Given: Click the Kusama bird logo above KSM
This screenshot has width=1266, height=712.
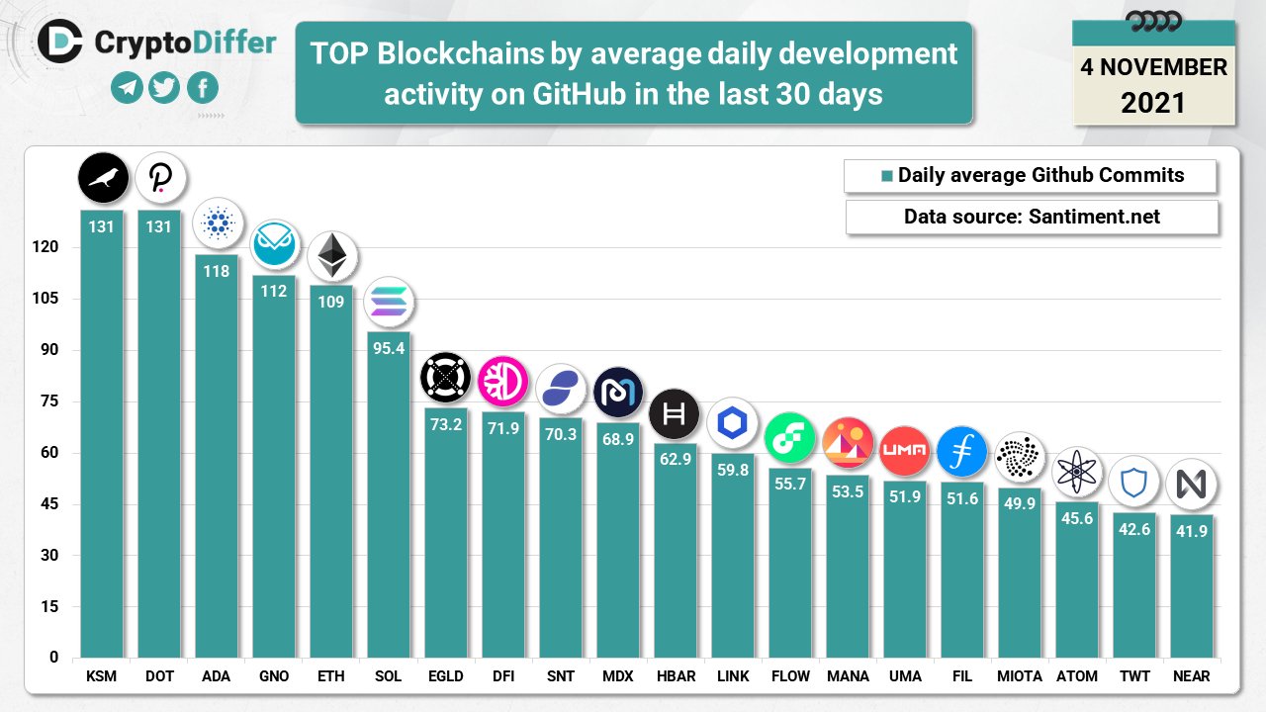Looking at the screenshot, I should (103, 178).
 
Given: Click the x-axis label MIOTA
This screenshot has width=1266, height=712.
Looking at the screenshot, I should (1020, 676).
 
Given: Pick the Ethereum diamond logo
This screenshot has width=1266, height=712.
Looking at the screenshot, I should (331, 256).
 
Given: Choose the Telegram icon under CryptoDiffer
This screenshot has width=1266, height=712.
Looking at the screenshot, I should (127, 89).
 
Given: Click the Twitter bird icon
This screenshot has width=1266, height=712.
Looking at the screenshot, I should (164, 89).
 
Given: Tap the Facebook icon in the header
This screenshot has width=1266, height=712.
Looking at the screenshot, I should (202, 89).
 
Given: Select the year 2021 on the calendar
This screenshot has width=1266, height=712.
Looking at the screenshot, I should (1153, 102).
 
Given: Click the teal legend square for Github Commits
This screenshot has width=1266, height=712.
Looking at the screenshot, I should (887, 176).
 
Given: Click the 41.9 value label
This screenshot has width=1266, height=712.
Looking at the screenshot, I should (1191, 531).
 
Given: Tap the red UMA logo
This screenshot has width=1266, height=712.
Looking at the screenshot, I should (904, 451).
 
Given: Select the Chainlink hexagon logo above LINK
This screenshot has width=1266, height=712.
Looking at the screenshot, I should (733, 423).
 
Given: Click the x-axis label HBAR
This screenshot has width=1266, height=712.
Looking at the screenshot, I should (676, 676).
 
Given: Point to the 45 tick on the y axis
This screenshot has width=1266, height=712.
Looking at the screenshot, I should (47, 504).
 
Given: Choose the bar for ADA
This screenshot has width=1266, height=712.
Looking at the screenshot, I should (217, 455).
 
